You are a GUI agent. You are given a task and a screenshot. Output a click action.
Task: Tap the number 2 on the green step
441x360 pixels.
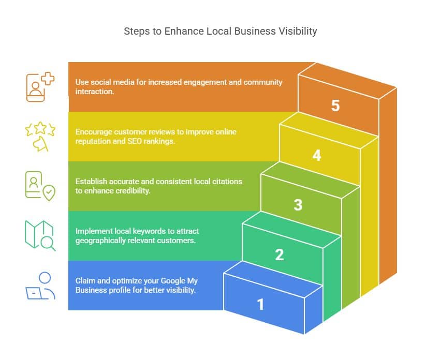[280, 254]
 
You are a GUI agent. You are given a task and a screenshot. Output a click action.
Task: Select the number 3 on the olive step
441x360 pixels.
[298, 205]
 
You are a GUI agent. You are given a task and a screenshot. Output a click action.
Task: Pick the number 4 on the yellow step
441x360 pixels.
[316, 155]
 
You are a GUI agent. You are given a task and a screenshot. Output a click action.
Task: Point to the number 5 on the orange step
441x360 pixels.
[335, 106]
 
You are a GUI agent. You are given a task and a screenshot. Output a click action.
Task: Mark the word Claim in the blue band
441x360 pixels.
[84, 281]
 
